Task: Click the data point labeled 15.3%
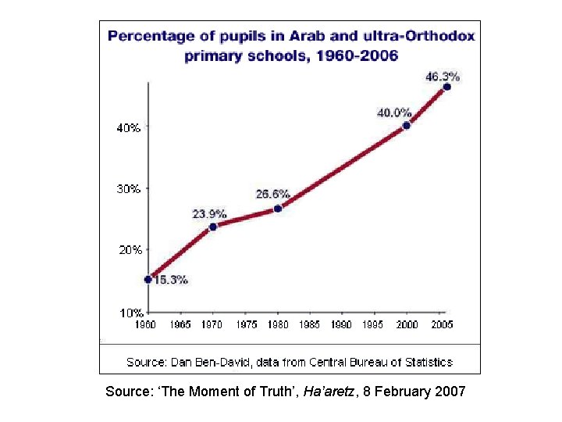[x=148, y=279]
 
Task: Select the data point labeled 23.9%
[x=212, y=227]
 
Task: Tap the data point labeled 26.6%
[x=277, y=209]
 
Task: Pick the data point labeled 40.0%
[x=407, y=125]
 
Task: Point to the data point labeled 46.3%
[x=446, y=87]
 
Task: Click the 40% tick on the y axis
[x=129, y=128]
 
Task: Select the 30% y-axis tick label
[x=129, y=188]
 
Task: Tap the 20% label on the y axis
[x=129, y=250]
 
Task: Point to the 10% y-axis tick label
[x=129, y=312]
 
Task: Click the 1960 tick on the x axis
[x=147, y=324]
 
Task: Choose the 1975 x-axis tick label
[x=246, y=324]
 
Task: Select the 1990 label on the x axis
[x=342, y=324]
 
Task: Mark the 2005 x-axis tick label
[x=441, y=324]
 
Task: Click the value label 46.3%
[x=442, y=76]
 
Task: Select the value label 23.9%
[x=209, y=213]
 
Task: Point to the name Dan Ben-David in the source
[x=205, y=362]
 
